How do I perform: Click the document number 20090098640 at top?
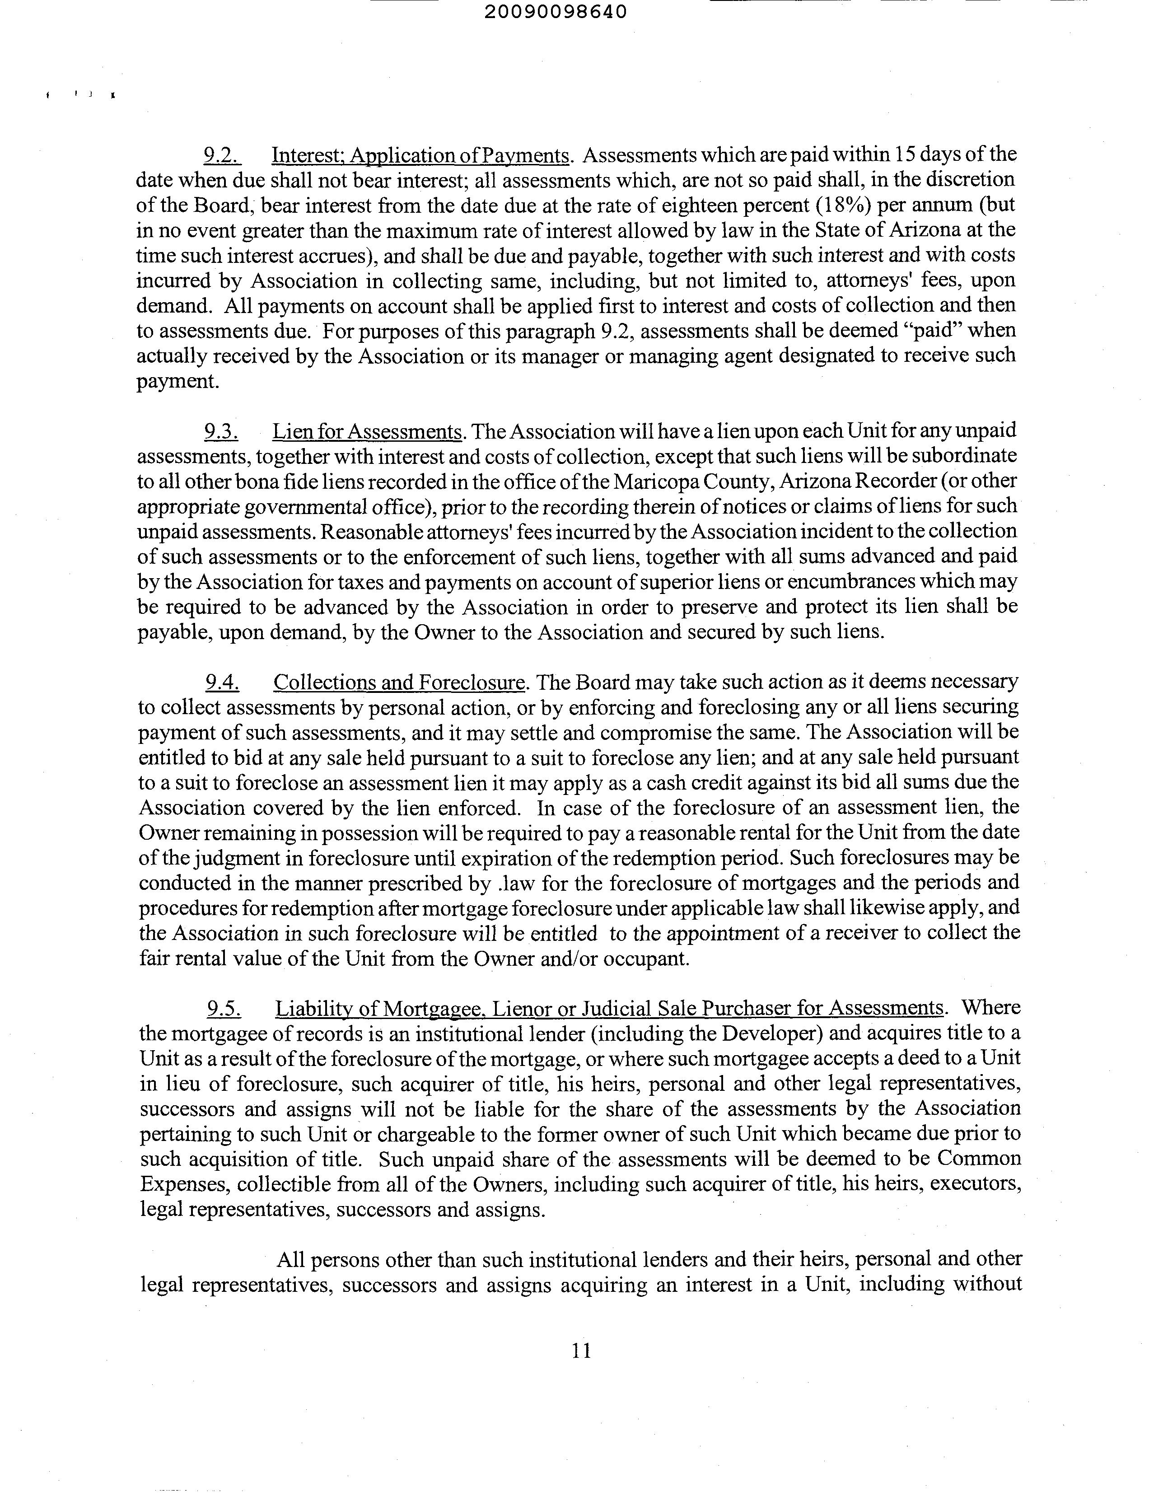pyautogui.click(x=556, y=12)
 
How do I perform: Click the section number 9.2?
pyautogui.click(x=221, y=155)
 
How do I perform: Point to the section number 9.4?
pyautogui.click(x=222, y=682)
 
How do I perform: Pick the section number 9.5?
pyautogui.click(x=224, y=1008)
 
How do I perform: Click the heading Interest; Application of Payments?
pyautogui.click(x=420, y=155)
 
